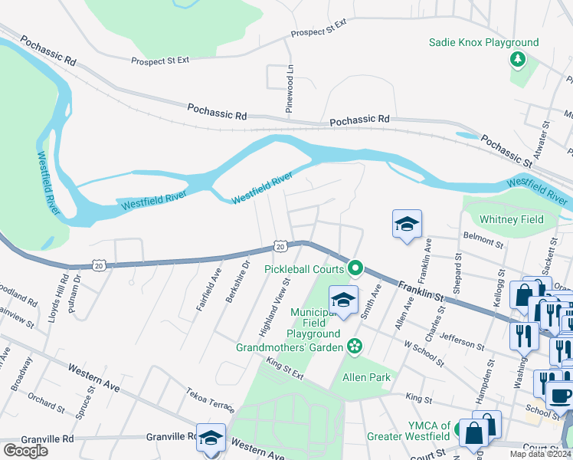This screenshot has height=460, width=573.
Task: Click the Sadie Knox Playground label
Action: point(483,43)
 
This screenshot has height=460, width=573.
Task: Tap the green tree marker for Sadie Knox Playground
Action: point(519,60)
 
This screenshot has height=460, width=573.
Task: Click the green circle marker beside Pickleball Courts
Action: point(355,268)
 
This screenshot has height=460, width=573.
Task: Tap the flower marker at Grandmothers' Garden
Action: point(354,347)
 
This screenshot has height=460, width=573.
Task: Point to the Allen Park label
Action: point(366,377)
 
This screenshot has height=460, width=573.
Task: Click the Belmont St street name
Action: point(483,242)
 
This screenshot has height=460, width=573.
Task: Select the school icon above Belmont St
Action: point(407,224)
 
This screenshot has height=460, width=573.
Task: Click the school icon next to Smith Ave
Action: point(344,300)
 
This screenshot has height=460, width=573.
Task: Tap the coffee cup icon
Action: point(560,395)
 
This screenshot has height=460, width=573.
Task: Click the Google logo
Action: point(25,450)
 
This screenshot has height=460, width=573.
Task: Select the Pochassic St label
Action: point(506,151)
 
